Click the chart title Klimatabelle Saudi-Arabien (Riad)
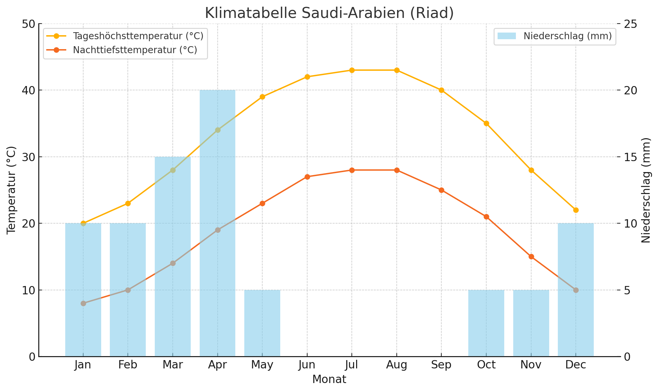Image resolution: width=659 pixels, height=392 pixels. coord(329,13)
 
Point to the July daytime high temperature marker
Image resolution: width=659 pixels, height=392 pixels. coord(352,70)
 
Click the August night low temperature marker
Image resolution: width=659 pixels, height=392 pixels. coord(397,170)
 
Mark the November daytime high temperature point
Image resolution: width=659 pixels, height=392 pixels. coord(531,170)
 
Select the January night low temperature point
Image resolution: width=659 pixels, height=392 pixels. coord(83,303)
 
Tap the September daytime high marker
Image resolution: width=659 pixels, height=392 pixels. coord(441,90)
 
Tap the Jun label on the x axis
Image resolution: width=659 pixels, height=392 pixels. coord(307,365)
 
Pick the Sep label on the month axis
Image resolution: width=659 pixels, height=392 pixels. coord(441,365)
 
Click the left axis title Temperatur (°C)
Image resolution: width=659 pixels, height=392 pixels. coord(11,190)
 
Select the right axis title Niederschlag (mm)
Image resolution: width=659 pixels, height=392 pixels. coord(646,190)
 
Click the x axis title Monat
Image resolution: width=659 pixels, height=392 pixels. coord(329,379)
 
